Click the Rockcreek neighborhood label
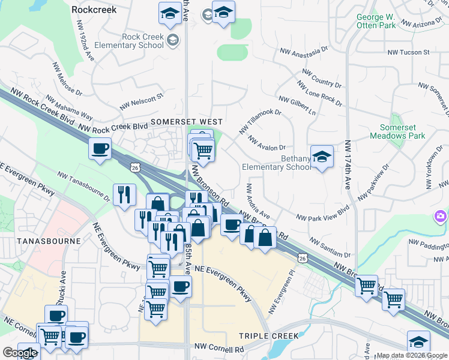click(94, 10)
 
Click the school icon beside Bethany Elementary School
click(322, 157)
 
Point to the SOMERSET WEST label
click(182, 121)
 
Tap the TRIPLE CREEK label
click(265, 336)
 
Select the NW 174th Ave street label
click(348, 166)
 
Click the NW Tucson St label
click(409, 52)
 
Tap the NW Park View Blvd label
click(322, 214)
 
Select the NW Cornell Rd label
click(219, 348)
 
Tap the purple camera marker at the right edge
click(441, 216)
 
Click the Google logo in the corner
click(20, 353)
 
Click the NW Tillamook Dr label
click(260, 121)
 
